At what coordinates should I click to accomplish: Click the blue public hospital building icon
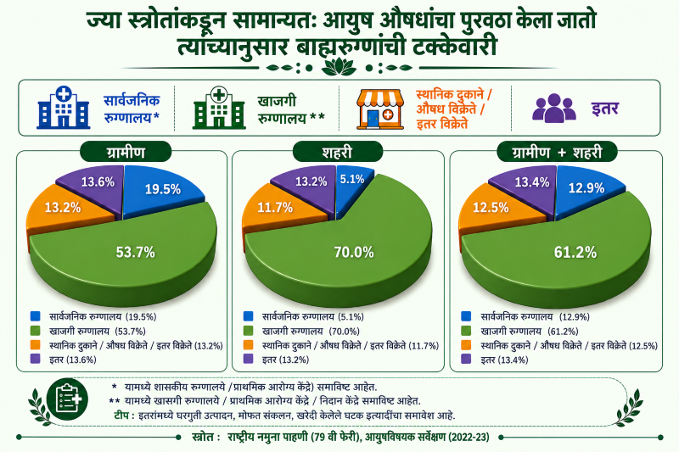(64, 107)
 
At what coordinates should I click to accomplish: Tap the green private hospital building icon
(219, 108)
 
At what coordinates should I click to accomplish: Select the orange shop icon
(379, 109)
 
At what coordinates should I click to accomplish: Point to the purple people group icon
(554, 109)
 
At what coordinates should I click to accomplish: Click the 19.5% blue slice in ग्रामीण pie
(163, 189)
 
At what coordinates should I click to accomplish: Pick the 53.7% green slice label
(135, 252)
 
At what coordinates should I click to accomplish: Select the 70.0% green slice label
(353, 252)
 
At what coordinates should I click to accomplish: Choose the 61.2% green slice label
(575, 252)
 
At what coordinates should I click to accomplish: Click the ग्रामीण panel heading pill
(126, 153)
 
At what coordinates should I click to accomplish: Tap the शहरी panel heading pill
(337, 153)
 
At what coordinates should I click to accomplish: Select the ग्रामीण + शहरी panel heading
(557, 153)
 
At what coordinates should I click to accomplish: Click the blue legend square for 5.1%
(248, 316)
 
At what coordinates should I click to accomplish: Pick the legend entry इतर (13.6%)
(73, 360)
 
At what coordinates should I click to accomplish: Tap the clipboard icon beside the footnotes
(67, 399)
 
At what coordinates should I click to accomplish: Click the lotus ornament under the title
(339, 68)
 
